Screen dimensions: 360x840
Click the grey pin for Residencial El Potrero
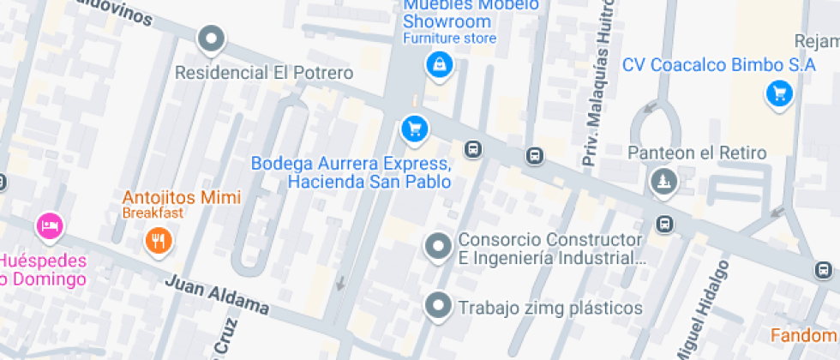[211, 39]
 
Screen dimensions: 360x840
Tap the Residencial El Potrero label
[264, 73]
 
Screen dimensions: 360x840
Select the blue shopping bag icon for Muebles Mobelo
[439, 64]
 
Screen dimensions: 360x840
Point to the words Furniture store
[449, 39]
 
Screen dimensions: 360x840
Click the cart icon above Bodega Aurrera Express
[415, 129]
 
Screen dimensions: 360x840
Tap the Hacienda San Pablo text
[369, 182]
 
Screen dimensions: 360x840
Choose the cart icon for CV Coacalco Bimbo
[778, 93]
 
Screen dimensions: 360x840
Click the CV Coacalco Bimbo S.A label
[719, 65]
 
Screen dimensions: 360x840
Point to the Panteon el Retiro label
[697, 153]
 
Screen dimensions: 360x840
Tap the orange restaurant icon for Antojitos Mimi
[157, 241]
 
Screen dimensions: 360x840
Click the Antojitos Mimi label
[182, 197]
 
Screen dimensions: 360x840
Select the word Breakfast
[153, 213]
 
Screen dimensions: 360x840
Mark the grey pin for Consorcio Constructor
[439, 247]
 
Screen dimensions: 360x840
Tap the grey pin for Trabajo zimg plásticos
[439, 305]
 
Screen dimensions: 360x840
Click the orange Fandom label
[804, 335]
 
